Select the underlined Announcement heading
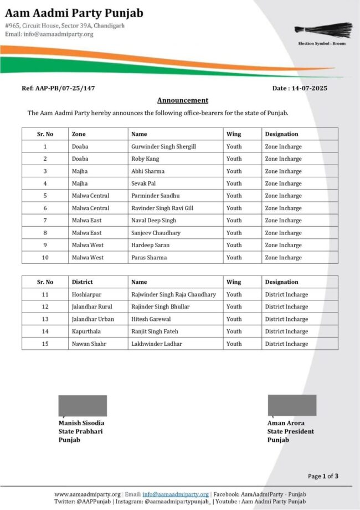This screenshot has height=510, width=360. (x=183, y=100)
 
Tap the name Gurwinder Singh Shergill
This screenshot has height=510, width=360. (x=163, y=146)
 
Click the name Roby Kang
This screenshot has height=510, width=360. (x=145, y=159)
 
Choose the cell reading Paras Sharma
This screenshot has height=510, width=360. (x=148, y=257)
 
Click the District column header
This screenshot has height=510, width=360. (x=83, y=282)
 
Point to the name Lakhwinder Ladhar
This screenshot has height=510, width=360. (x=157, y=344)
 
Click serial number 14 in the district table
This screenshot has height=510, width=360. (x=45, y=331)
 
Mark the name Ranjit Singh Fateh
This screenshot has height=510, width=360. (x=155, y=331)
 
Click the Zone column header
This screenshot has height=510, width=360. (x=79, y=134)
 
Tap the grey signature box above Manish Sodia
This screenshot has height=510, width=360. (x=83, y=405)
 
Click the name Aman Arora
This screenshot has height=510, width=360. (x=286, y=423)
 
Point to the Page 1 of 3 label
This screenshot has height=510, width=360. (x=323, y=476)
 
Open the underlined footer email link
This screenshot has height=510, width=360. (x=176, y=494)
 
